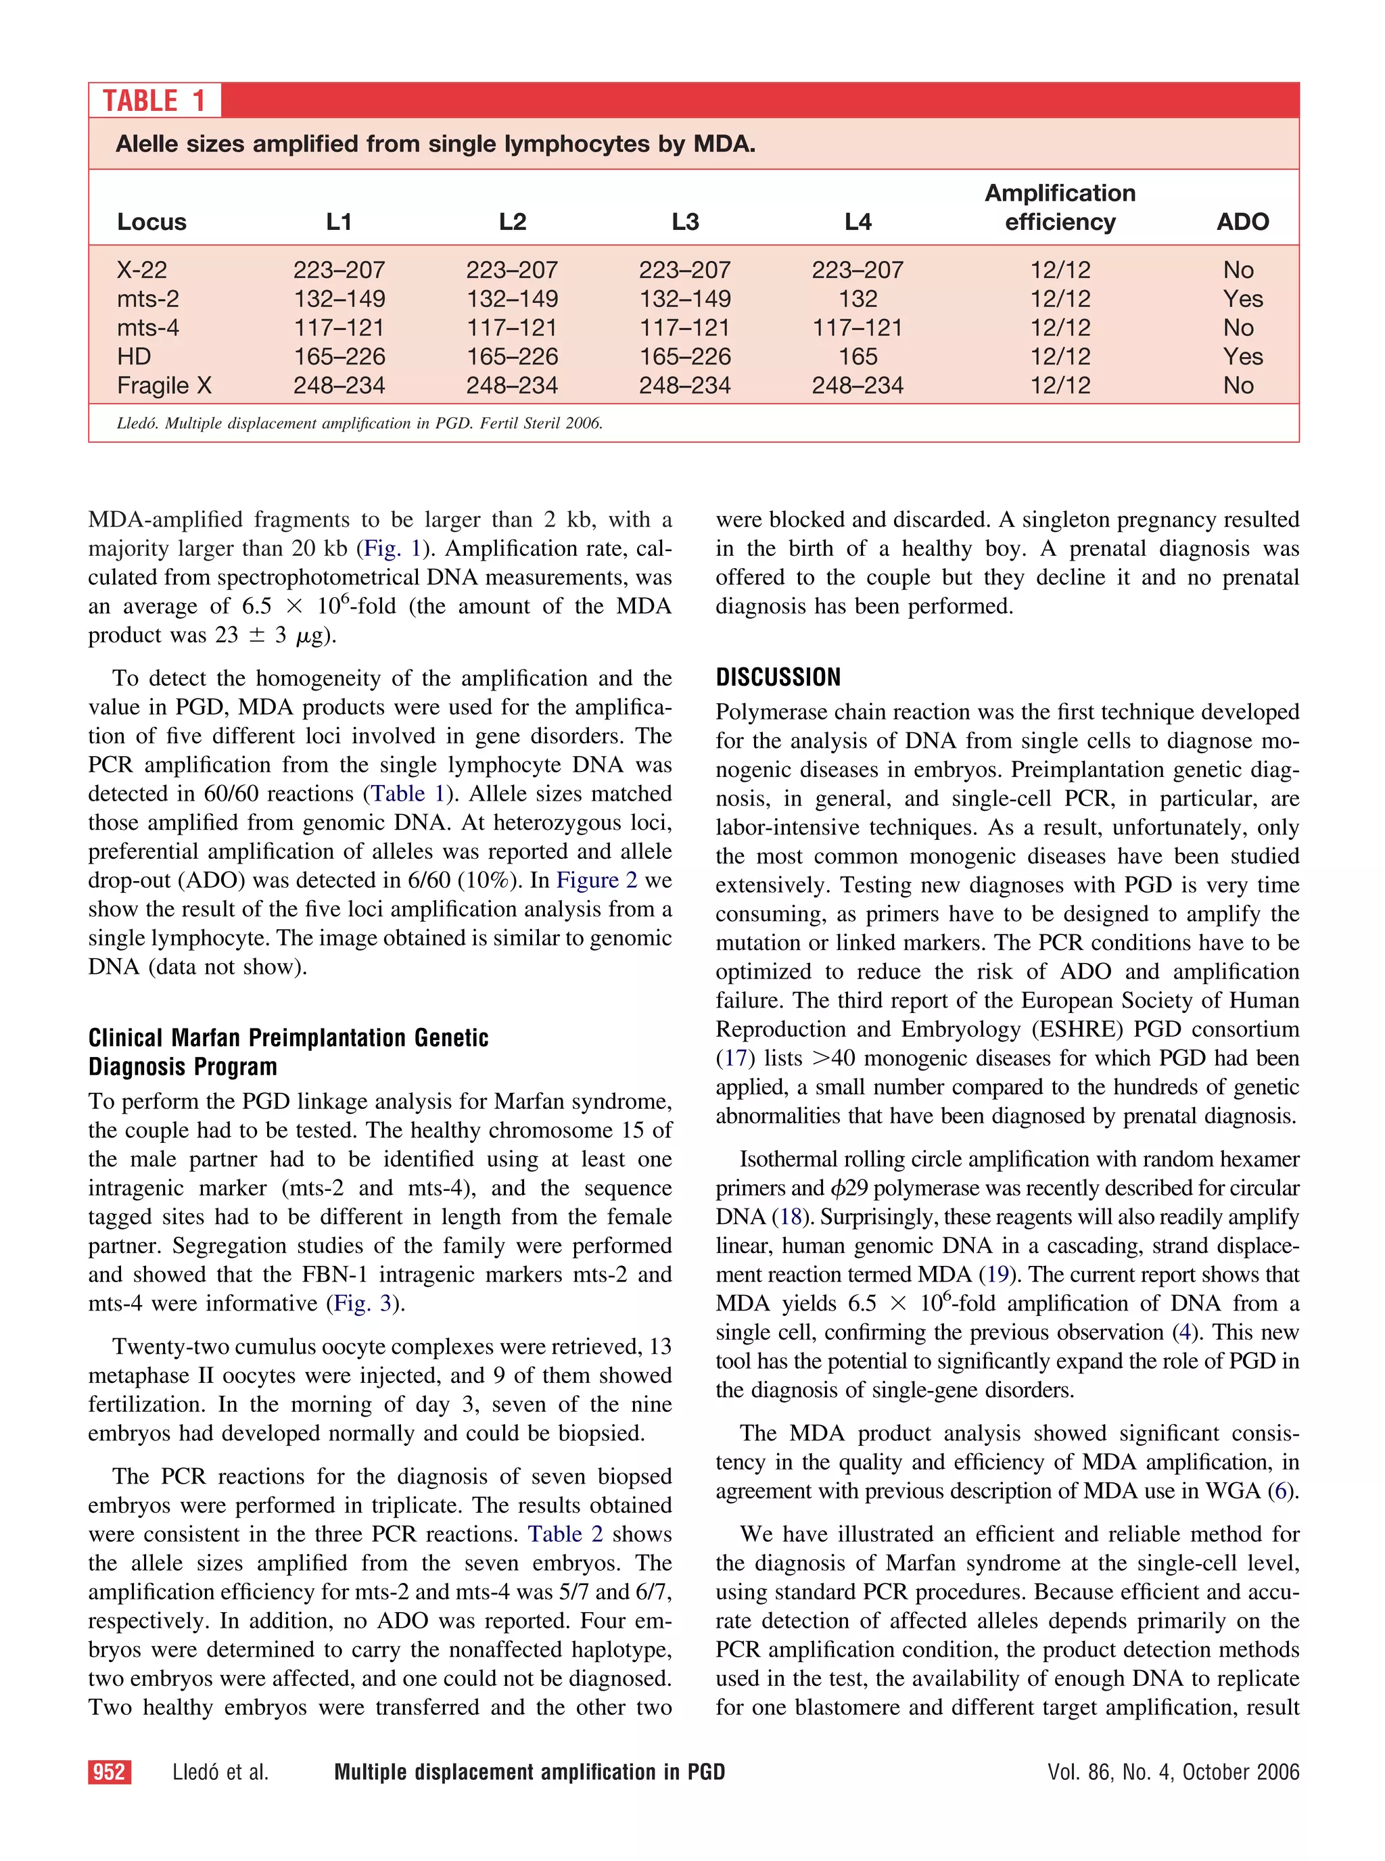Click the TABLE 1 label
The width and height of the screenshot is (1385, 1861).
[154, 101]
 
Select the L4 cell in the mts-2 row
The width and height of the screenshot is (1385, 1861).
[858, 298]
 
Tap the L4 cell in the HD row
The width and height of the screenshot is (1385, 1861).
[858, 356]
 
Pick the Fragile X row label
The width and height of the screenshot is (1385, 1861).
[164, 385]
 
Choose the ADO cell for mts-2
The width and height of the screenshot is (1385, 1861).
[1242, 298]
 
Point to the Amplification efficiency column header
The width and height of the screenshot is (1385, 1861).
[1060, 207]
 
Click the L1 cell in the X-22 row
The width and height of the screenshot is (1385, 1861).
[339, 270]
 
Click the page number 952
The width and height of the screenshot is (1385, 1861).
[109, 1771]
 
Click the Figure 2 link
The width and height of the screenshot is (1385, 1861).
[596, 880]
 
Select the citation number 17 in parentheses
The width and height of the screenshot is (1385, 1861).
[735, 1058]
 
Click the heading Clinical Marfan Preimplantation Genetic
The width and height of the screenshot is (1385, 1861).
[288, 1038]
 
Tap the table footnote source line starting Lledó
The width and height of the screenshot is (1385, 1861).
[360, 423]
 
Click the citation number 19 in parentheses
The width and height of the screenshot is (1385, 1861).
[997, 1274]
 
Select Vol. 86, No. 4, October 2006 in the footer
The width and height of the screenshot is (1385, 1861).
[1173, 1771]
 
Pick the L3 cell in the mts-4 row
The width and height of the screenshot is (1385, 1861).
[685, 328]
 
